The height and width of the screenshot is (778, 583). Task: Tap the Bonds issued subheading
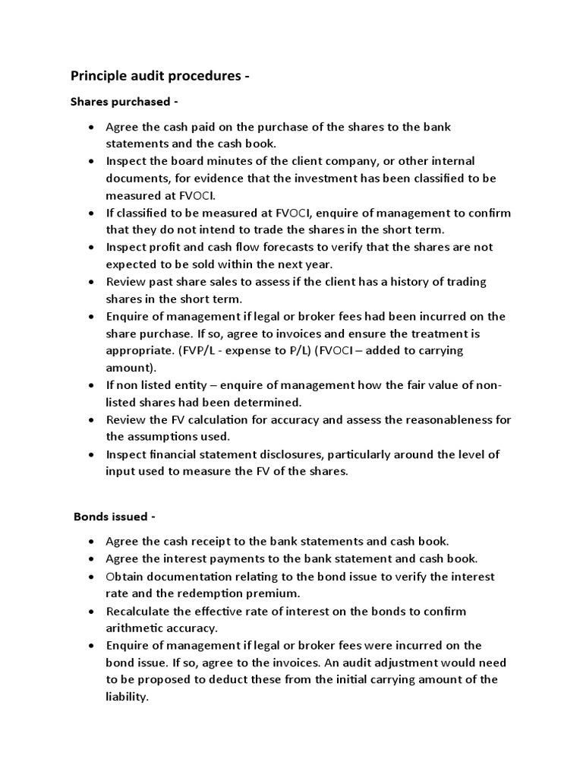114,517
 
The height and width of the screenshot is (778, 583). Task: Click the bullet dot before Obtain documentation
91,577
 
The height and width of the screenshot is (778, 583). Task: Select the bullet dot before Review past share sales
91,282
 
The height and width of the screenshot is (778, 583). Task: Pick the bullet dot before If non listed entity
91,385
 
